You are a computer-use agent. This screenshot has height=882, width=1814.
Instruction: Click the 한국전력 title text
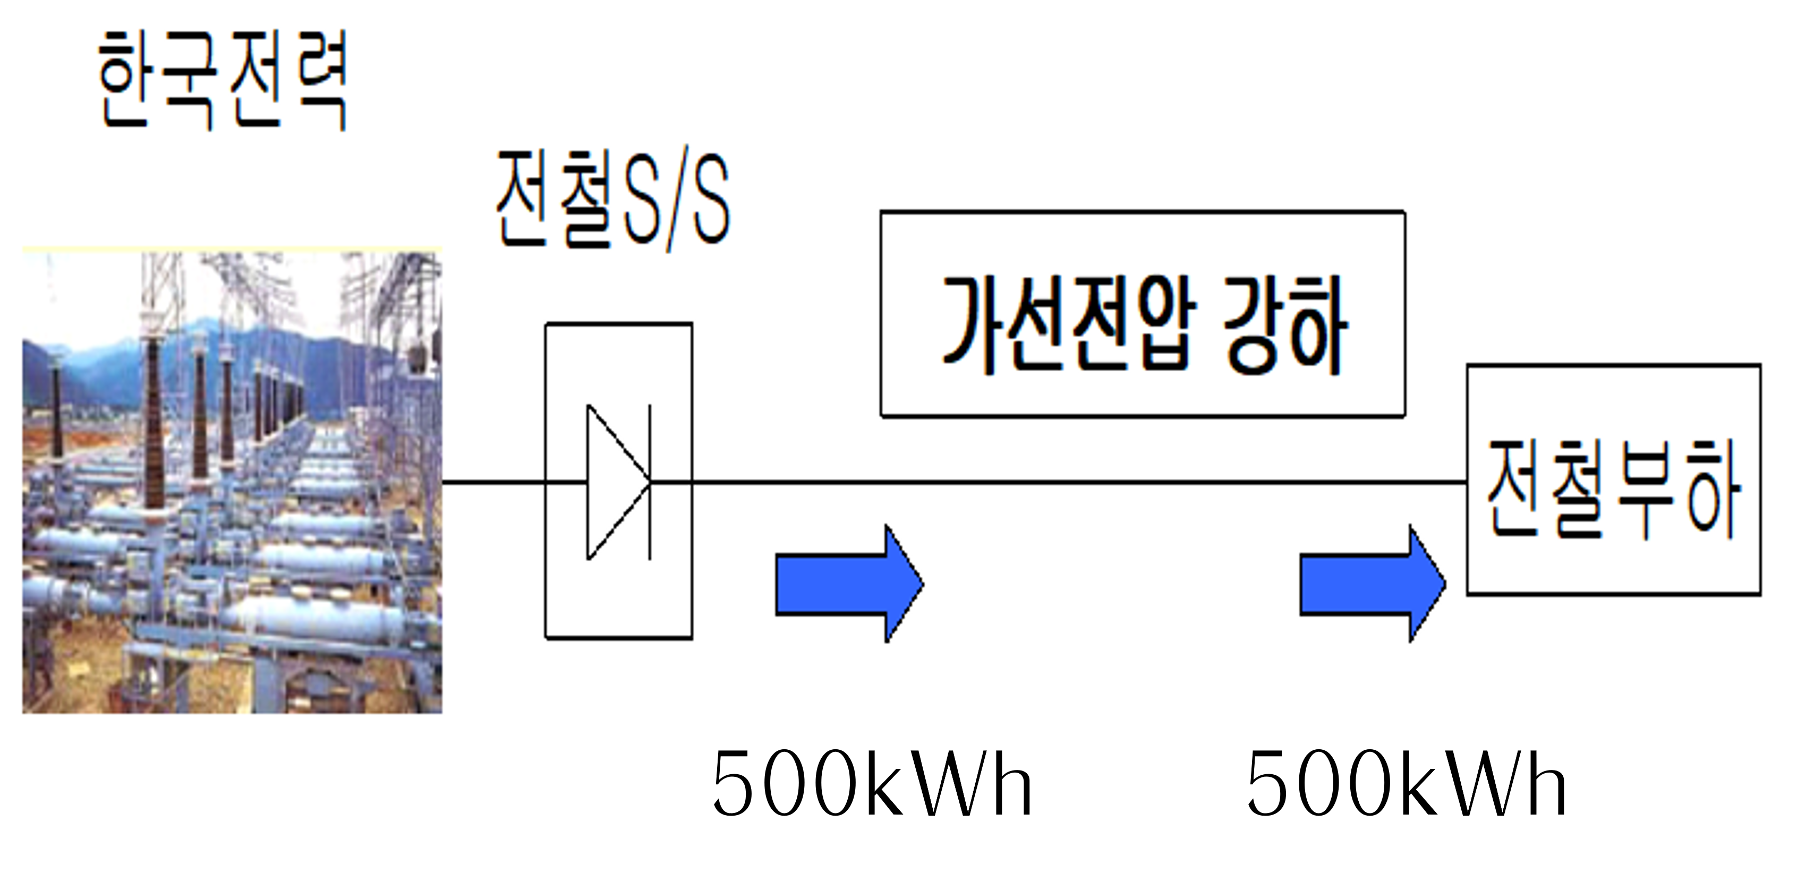coord(222,81)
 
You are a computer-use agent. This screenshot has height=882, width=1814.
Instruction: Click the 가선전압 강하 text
coord(1144,324)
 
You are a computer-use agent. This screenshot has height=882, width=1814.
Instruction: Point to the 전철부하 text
coord(1613,489)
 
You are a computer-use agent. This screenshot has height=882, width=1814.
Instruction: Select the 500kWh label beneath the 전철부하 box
coord(1406,783)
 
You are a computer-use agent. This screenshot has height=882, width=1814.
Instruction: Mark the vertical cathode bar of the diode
coord(649,482)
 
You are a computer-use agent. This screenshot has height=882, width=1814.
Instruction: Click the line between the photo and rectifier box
coord(493,482)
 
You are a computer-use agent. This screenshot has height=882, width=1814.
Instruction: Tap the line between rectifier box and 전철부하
coord(1077,482)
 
